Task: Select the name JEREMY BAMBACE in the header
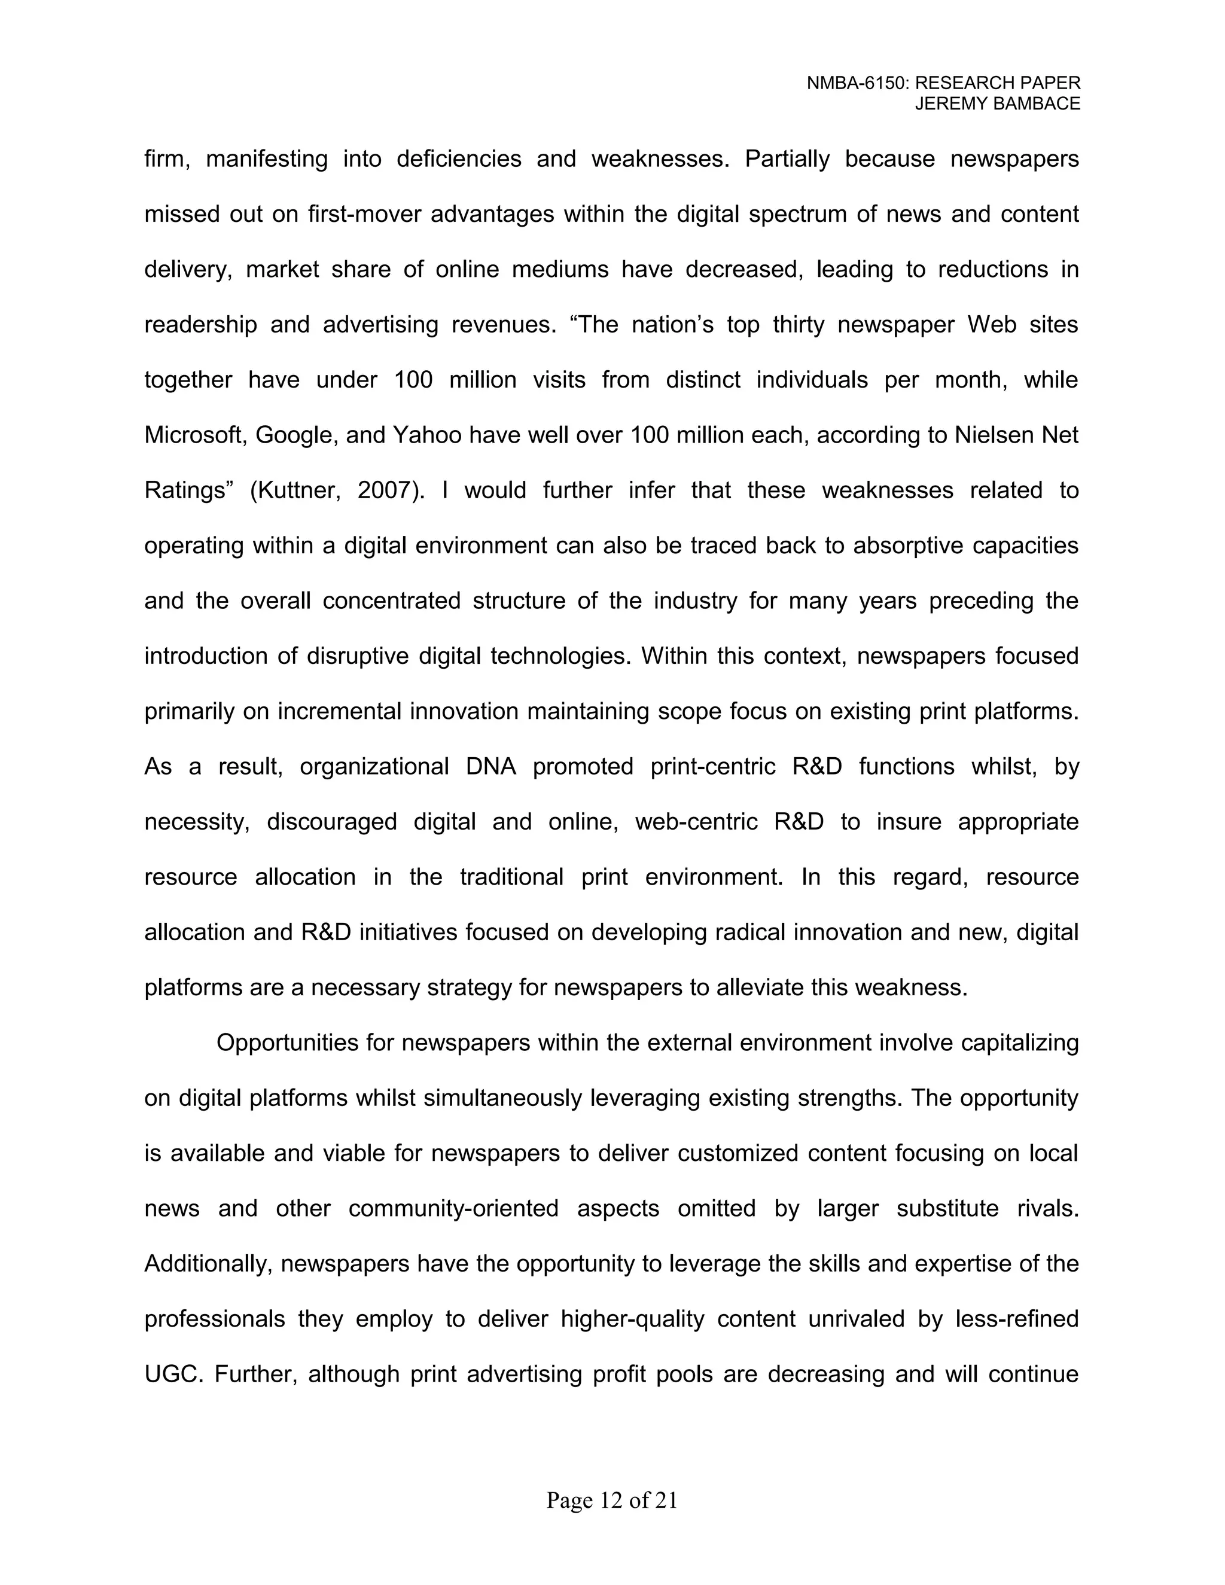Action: (997, 104)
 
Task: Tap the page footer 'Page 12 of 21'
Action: (612, 1500)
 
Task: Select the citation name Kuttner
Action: (297, 491)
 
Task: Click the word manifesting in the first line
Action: (267, 160)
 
